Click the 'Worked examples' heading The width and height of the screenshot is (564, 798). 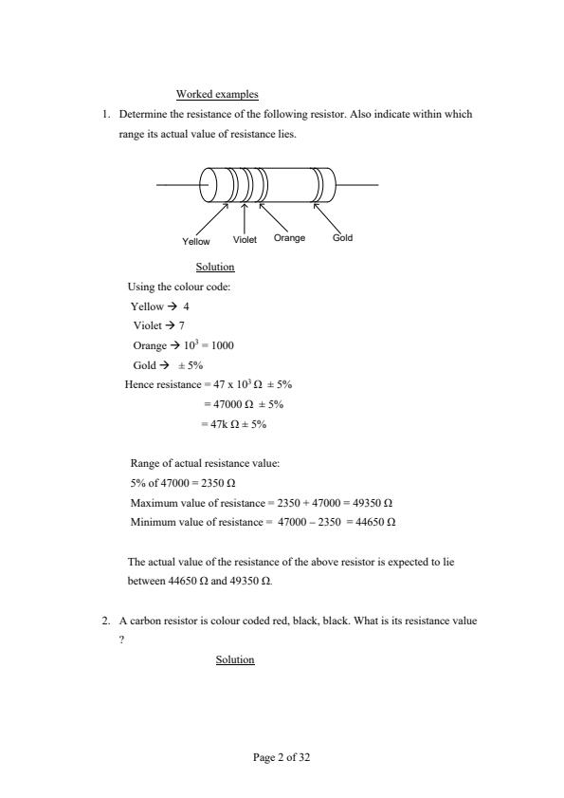click(x=217, y=94)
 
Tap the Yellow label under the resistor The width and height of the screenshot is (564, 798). click(x=196, y=242)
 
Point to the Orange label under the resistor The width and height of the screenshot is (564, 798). click(x=289, y=237)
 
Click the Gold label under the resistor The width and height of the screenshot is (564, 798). click(x=342, y=237)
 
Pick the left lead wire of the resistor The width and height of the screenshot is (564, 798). click(x=179, y=184)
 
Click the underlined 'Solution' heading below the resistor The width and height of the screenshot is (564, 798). click(x=215, y=268)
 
